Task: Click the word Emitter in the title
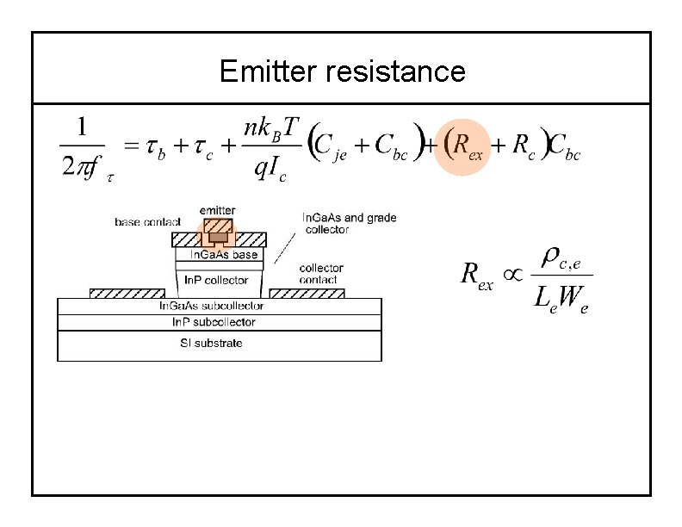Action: [x=269, y=71]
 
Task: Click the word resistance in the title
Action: [x=395, y=71]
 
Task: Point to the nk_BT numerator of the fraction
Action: [x=271, y=128]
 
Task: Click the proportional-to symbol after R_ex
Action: [x=512, y=273]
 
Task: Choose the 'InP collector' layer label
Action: [x=216, y=280]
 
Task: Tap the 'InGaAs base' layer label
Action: [x=223, y=255]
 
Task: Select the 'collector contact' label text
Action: [x=321, y=274]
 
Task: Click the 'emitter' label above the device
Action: [x=217, y=210]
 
